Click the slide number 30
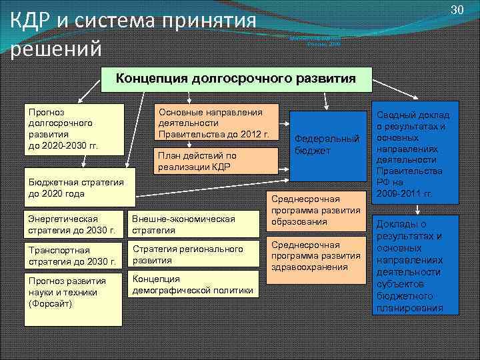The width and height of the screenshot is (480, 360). tap(457, 9)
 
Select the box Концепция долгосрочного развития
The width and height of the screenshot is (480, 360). tap(235, 79)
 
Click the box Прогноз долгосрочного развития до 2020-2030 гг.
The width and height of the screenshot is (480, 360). tap(73, 129)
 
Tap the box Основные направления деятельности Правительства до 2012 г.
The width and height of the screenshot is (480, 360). tap(216, 123)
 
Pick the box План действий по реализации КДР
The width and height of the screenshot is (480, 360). tap(216, 161)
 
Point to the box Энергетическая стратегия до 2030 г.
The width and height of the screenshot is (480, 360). tap(73, 225)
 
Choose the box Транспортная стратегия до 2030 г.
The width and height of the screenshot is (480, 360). tap(73, 255)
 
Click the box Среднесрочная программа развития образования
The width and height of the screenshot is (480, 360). tap(316, 210)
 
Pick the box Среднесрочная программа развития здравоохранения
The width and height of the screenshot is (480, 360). tap(316, 256)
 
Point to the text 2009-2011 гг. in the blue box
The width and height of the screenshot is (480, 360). tap(405, 194)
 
